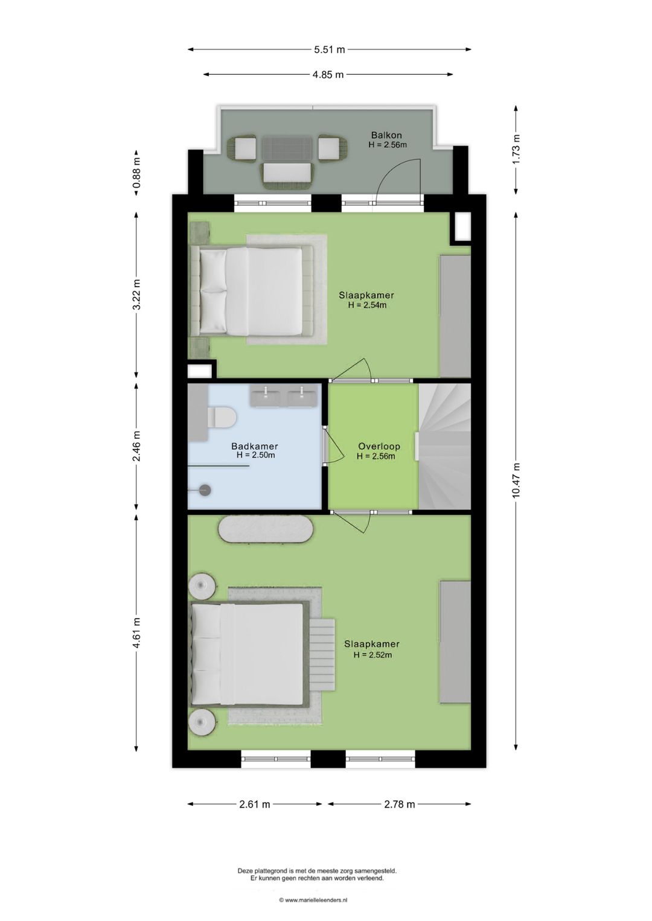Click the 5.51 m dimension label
coord(330,49)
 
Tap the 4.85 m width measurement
coord(328,75)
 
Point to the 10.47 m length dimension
coord(516,480)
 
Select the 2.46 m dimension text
coord(137,445)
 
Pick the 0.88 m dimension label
coord(137,173)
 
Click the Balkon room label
coord(386,135)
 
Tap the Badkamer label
coord(255,446)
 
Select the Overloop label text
coord(379,446)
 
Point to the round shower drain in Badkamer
coord(205,490)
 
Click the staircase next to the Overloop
coord(444,447)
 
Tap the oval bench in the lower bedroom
coord(266,531)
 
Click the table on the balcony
coord(287,148)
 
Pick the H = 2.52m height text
coord(372,655)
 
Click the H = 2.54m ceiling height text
coord(367,305)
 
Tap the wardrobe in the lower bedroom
coord(455,642)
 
